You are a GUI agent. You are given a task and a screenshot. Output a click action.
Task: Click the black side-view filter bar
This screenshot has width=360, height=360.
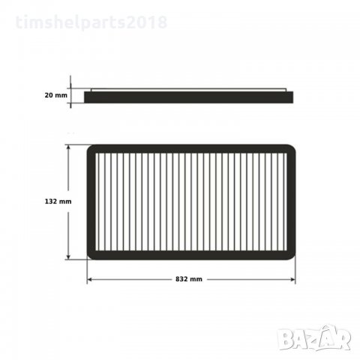[191, 97]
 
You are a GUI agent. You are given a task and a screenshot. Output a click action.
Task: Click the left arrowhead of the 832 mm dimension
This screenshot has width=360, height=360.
[90, 279]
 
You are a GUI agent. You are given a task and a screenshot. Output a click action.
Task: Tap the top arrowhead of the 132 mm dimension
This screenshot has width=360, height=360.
[70, 147]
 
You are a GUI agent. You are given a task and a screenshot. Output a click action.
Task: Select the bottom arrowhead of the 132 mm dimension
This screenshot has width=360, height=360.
[70, 257]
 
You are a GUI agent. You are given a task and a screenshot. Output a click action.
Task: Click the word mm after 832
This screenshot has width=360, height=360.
[199, 279]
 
